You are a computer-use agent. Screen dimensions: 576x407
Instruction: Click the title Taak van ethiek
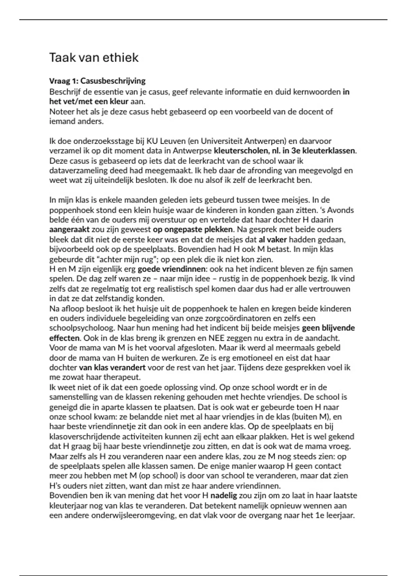pos(94,58)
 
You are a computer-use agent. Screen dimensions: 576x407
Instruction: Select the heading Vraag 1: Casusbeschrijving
pos(97,81)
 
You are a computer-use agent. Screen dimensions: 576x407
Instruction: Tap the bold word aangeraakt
pos(69,230)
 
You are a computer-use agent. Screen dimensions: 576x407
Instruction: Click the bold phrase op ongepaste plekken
pos(193,230)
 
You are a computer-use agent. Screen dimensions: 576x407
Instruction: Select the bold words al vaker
pos(273,240)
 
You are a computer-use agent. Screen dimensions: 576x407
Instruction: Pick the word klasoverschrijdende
pos(86,437)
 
